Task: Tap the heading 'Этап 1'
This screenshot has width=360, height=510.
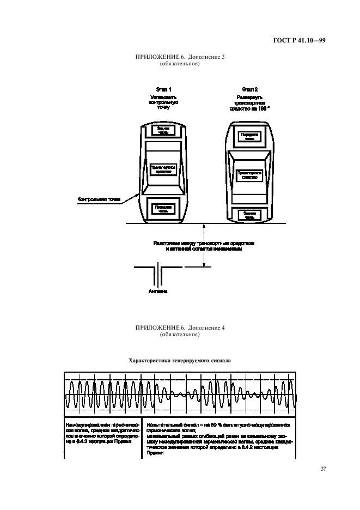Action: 163,89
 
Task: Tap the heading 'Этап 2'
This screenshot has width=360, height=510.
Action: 250,89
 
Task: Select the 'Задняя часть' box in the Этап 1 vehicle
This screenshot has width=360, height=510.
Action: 163,130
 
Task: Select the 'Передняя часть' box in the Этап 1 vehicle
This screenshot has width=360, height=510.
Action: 163,208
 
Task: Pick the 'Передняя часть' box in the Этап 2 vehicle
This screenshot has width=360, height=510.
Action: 249,136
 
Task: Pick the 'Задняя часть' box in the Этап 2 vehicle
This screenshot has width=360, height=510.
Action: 249,215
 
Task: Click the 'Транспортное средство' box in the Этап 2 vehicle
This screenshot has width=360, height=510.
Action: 249,175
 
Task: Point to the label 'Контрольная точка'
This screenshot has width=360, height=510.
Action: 99,200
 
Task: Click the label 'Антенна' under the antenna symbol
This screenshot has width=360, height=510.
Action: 158,292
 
